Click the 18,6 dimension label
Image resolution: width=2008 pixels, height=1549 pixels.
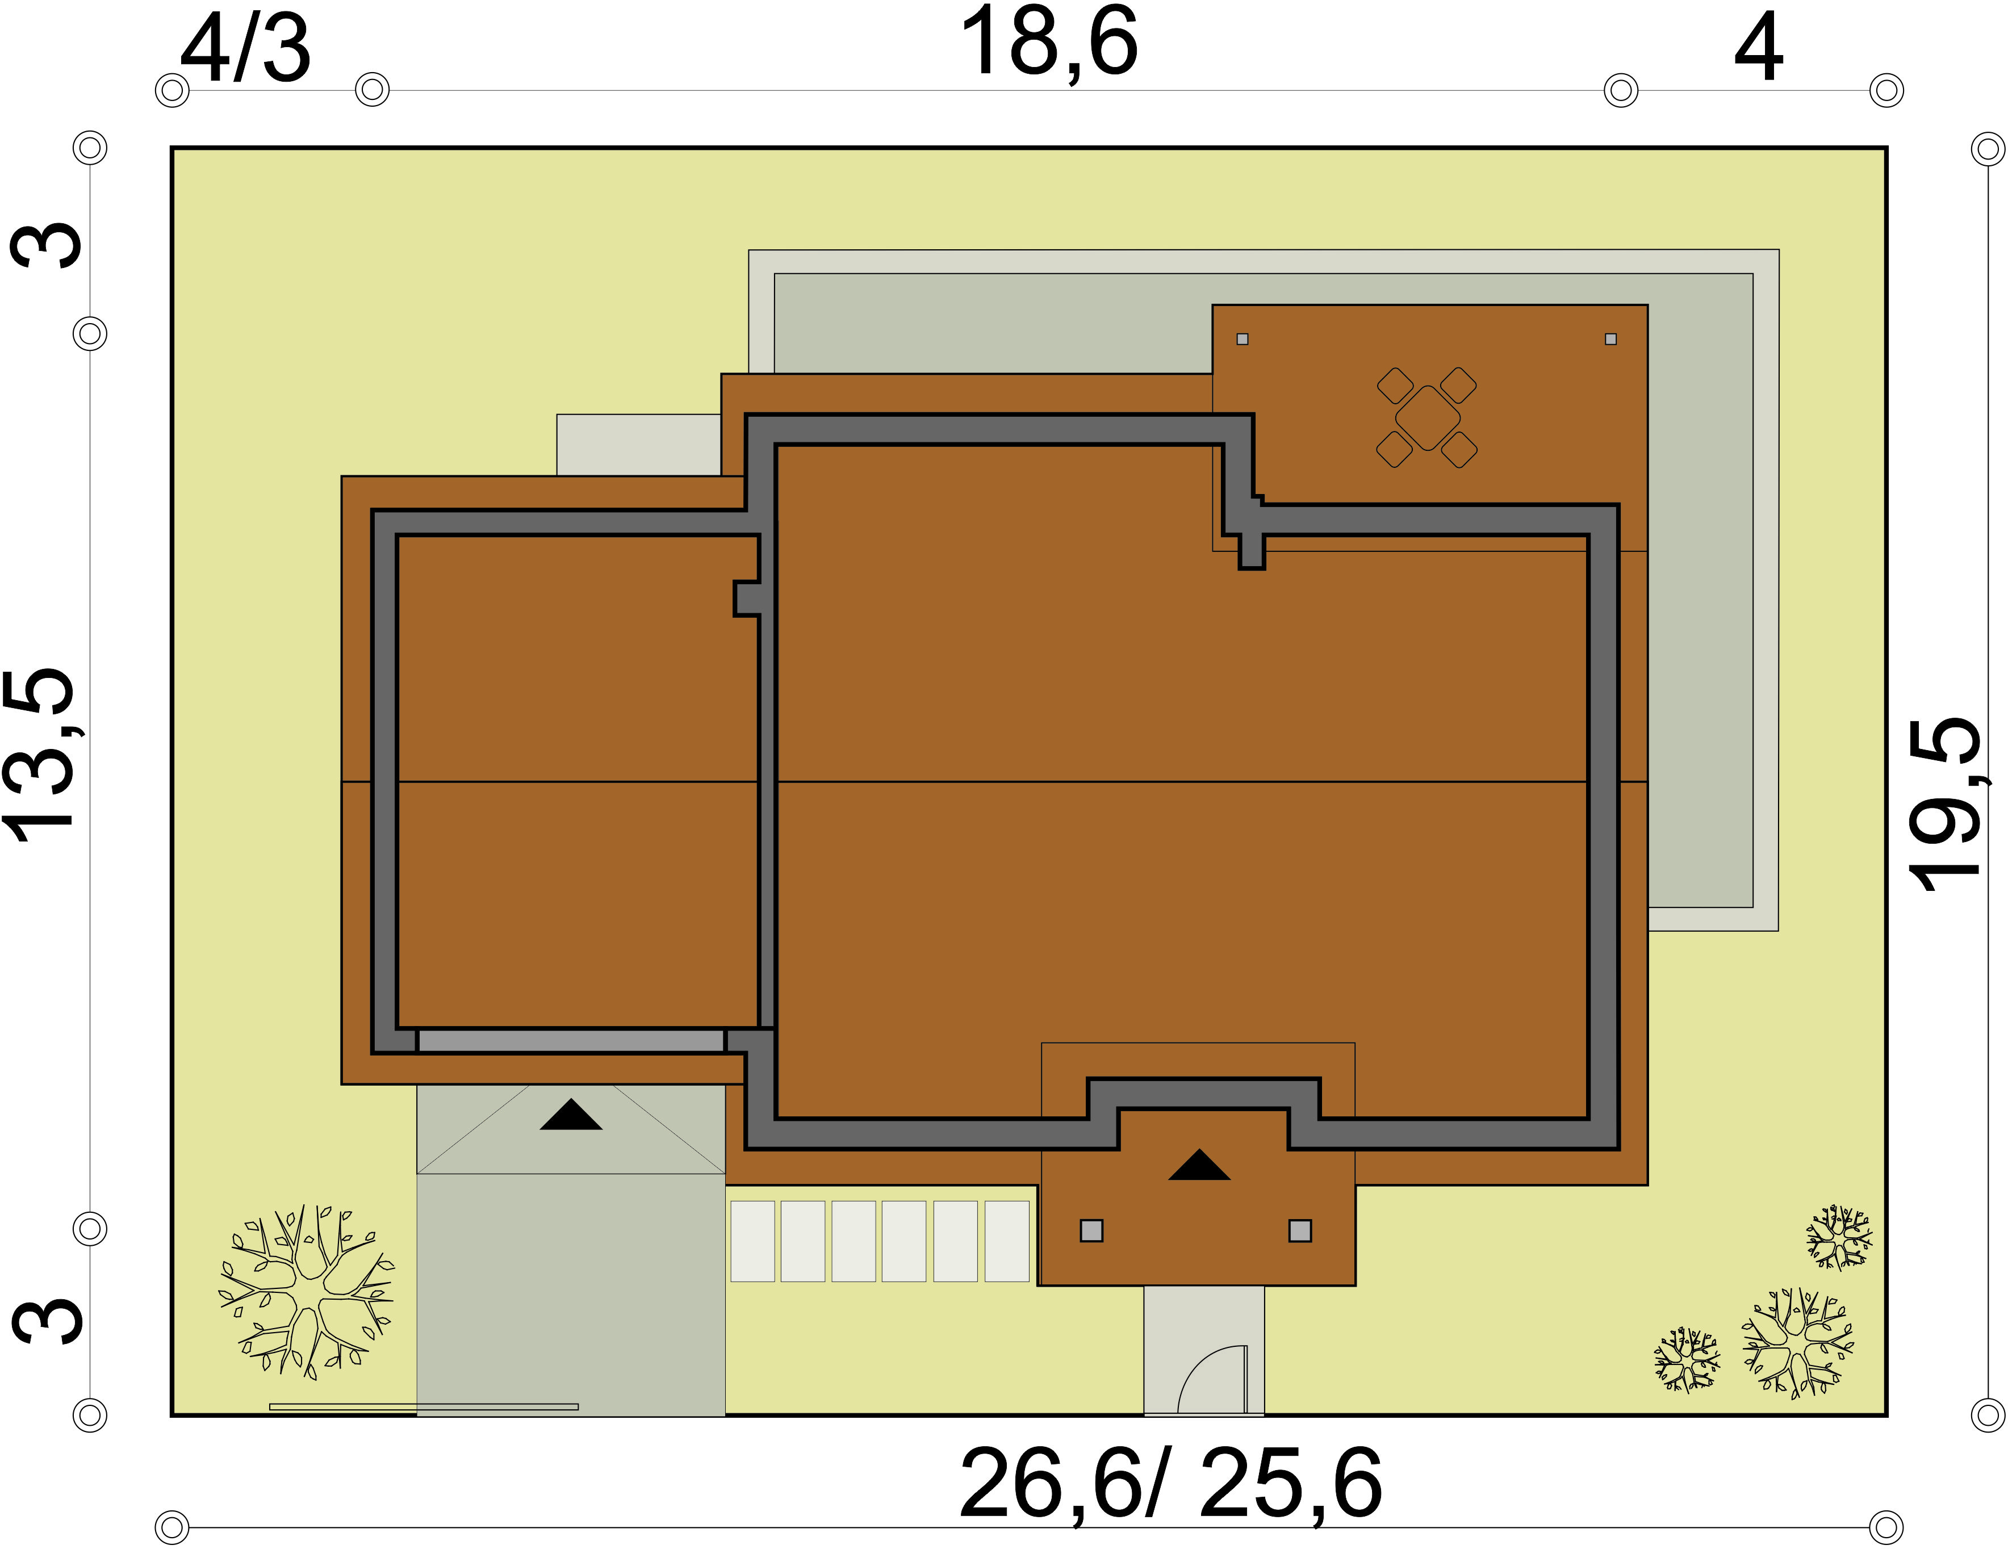click(1048, 42)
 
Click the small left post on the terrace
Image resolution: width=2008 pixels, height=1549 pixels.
click(1242, 339)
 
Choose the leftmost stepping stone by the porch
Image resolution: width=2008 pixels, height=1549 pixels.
click(752, 1241)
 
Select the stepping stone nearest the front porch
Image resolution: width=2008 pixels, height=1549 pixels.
click(1007, 1241)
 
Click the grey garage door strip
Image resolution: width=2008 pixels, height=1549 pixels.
click(571, 1041)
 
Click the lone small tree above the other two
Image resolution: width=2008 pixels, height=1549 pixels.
click(1839, 1237)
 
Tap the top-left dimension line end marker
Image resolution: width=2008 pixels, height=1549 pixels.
click(172, 91)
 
